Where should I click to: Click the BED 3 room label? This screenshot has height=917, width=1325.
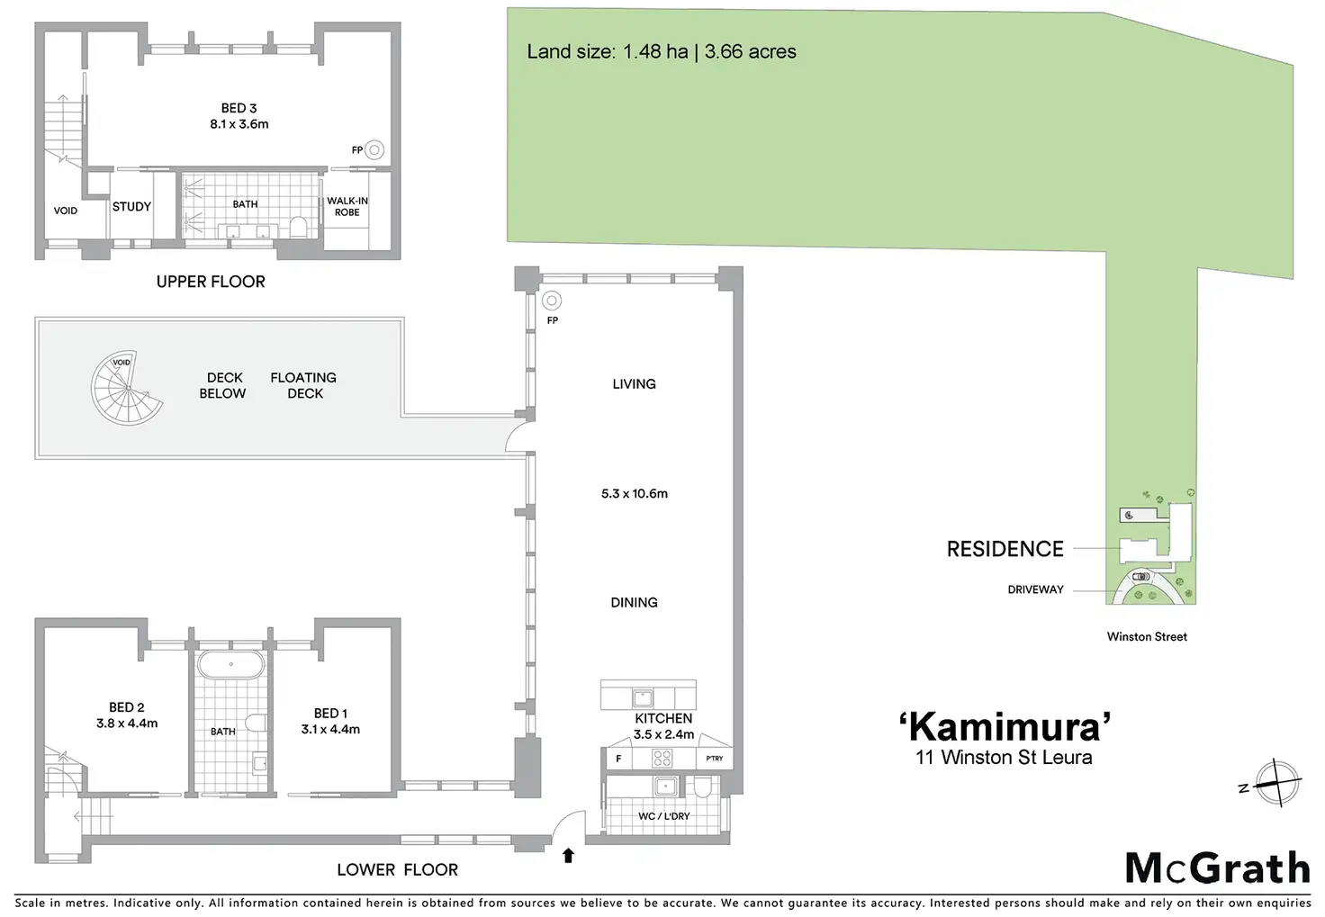pos(239,109)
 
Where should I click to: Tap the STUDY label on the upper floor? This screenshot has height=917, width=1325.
pos(131,207)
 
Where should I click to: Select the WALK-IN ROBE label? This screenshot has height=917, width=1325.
pos(347,207)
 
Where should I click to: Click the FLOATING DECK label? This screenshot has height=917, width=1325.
pos(303,385)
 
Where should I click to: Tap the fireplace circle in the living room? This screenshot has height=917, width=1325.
pos(551,301)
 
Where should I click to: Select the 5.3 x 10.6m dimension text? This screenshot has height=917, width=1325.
pos(634,493)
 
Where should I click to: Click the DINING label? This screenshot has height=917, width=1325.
pos(634,603)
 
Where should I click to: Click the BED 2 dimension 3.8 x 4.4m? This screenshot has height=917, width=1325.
pos(127,723)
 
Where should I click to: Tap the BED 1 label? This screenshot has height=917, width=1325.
pos(330,714)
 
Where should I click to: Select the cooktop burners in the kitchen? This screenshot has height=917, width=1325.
pos(662,758)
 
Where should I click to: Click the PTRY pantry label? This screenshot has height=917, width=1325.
pos(714,759)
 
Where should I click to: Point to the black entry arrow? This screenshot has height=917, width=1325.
pos(568,856)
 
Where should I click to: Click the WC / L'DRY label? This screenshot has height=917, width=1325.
pos(663,816)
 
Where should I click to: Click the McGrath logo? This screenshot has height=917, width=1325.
pos(1217,868)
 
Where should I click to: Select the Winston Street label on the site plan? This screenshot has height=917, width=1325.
pos(1146,636)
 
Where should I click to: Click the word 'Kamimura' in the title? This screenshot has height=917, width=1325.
pos(1004,726)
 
